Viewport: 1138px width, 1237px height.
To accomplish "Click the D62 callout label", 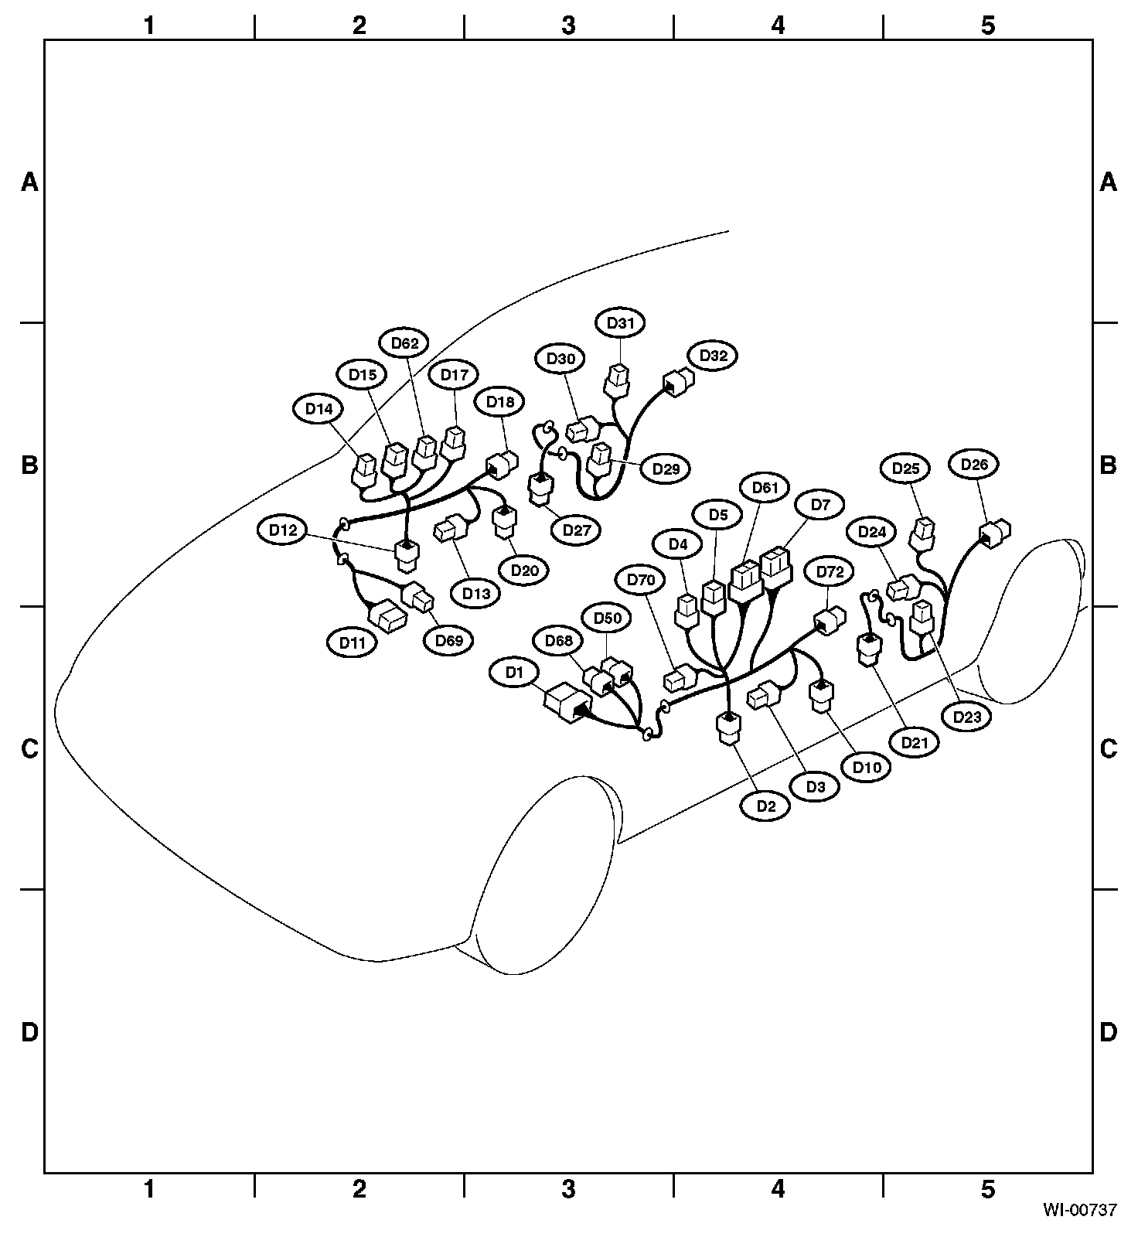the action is [x=404, y=343].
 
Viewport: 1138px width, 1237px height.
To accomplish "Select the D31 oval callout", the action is [x=620, y=322].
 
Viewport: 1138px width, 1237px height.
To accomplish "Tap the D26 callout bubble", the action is [x=974, y=465].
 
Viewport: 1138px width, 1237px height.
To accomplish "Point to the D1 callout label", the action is [x=515, y=673].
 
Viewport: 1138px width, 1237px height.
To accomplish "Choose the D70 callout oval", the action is [x=641, y=579].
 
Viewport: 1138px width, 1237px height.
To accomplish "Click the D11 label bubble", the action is [x=353, y=642].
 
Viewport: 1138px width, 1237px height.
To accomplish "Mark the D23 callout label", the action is [x=967, y=717].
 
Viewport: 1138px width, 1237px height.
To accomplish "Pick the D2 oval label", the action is [x=765, y=806].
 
